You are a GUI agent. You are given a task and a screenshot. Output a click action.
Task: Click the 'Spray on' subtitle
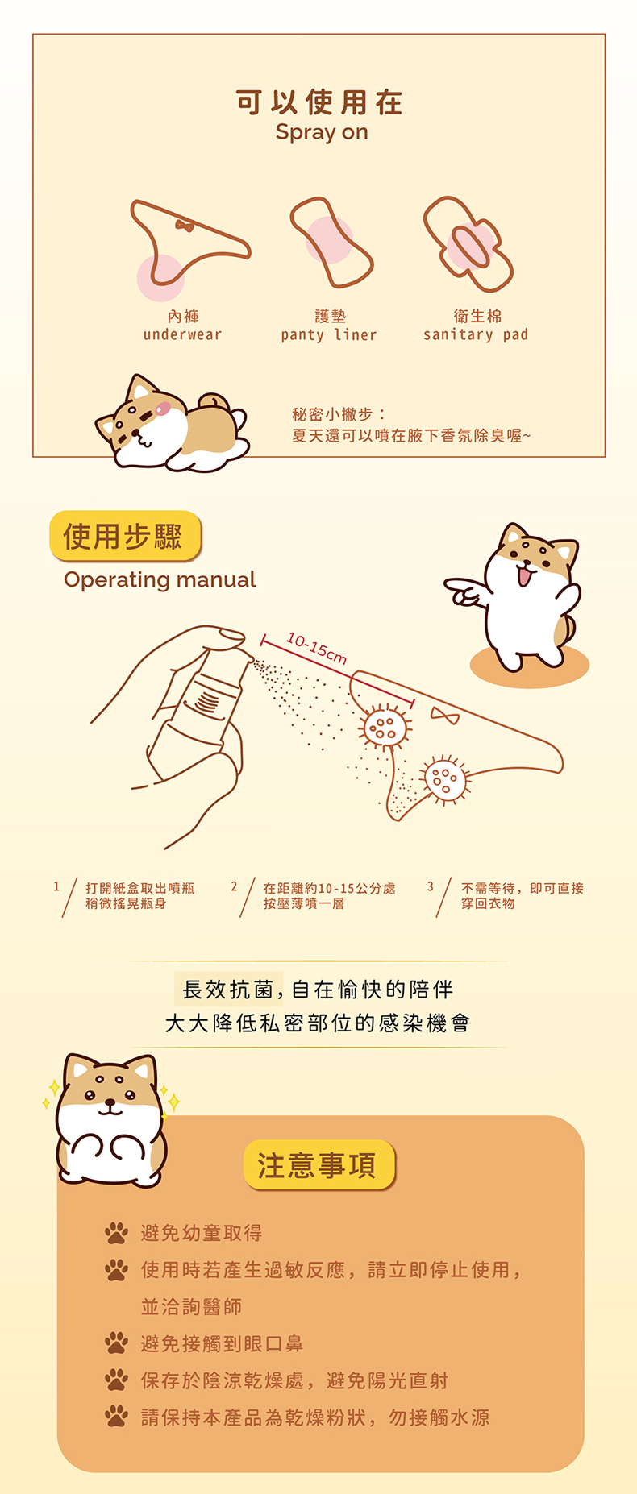pos(322,133)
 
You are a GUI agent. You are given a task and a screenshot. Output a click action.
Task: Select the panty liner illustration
pos(331,242)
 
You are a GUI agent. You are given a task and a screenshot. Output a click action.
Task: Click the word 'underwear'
pos(182,334)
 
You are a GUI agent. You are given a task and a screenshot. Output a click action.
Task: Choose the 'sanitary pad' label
pos(476,334)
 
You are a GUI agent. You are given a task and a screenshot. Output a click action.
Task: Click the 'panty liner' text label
pos(329,335)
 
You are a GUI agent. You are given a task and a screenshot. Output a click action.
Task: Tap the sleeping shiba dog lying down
pos(172,424)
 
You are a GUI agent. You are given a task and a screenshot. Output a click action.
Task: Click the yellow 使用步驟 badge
pos(124,536)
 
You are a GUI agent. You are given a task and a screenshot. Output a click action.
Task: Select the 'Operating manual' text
pos(160,579)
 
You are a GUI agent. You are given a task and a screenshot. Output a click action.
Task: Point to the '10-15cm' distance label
pos(317,649)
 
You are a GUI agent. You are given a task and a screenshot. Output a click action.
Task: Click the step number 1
pos(56,886)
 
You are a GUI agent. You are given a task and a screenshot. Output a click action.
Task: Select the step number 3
pos(431,886)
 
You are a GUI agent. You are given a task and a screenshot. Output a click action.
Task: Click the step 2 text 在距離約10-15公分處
pos(330,888)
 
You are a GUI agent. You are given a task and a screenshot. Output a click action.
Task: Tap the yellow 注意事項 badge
pos(319,1164)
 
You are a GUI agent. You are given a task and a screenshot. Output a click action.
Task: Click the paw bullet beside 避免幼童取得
pos(116,1233)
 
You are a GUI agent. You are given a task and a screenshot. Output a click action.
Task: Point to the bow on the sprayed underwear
pos(445,715)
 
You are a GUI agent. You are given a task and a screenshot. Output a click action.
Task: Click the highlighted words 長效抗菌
pos(228,989)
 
